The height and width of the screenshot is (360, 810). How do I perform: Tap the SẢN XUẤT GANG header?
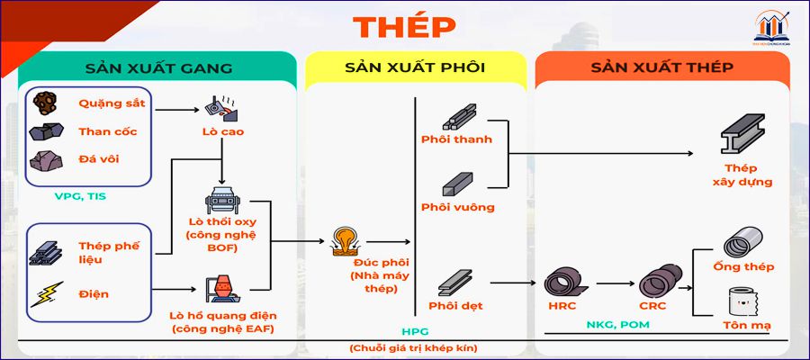tap(159, 68)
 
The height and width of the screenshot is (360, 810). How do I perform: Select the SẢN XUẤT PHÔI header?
tap(415, 68)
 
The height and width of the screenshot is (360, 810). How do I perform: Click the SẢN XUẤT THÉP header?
tap(661, 68)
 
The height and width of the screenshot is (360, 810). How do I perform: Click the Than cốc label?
tap(107, 131)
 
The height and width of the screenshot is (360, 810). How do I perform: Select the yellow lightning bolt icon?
tap(45, 293)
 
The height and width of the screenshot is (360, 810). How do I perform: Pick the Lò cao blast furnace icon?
tap(223, 107)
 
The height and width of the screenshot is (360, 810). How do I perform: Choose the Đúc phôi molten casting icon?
tap(346, 241)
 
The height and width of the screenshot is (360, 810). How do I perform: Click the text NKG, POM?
tap(616, 325)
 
